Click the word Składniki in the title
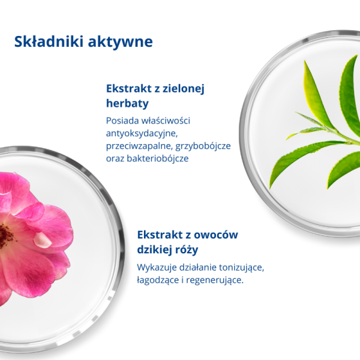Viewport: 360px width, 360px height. [48, 41]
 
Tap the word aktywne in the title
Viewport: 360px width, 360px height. [120, 42]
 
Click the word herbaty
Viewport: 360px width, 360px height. [127, 103]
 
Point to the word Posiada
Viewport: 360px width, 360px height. [122, 121]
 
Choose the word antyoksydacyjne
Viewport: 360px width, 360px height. [141, 134]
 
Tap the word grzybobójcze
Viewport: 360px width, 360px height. [203, 146]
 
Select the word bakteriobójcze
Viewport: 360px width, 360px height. [157, 158]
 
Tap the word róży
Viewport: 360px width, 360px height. [186, 249]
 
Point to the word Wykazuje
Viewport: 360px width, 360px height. [157, 267]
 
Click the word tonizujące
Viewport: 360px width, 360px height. [241, 267]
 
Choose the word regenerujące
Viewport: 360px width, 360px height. [215, 280]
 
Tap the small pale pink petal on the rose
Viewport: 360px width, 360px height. [42, 240]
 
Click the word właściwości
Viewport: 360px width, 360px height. [166, 121]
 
